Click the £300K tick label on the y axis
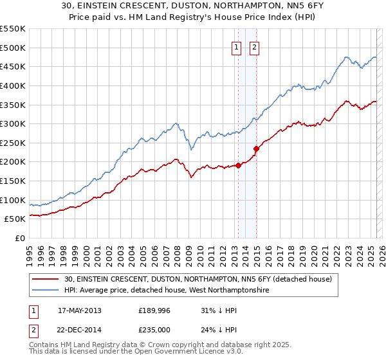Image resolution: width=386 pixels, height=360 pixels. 13,123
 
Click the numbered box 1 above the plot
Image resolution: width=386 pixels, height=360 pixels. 237,47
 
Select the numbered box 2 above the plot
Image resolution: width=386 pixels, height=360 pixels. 255,47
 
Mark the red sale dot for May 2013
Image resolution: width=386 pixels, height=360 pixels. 239,165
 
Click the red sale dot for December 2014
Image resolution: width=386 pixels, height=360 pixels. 257,148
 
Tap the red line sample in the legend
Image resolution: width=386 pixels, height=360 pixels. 46,280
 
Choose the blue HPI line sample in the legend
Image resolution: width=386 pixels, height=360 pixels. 46,291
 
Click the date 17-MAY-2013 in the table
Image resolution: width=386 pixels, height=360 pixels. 79,310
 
